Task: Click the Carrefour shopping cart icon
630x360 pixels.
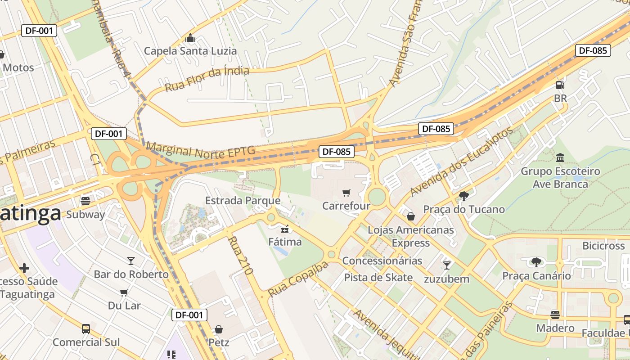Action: pos(346,193)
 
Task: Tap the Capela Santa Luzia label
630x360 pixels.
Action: pos(190,51)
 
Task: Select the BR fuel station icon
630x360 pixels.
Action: pos(560,85)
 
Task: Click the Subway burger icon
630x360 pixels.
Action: pos(85,201)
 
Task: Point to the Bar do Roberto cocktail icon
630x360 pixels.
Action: pos(131,261)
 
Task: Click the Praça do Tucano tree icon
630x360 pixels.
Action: pos(463,196)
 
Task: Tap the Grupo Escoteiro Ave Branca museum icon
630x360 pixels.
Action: pos(560,158)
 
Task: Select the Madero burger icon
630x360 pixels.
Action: pos(555,315)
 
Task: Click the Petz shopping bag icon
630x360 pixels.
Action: pos(219,329)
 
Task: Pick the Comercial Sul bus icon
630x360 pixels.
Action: pos(86,329)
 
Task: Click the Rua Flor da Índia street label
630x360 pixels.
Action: pos(207,79)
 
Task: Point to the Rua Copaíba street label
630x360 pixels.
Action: pos(298,279)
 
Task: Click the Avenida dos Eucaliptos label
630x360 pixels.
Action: pos(461,162)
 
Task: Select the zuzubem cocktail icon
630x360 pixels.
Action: pos(446,265)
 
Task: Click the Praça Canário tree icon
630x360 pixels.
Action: pos(536,262)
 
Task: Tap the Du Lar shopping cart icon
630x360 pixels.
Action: pos(124,292)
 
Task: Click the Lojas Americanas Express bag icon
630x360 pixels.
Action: pos(410,216)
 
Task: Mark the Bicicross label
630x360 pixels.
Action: pos(603,246)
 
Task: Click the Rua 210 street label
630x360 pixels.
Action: pos(240,255)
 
